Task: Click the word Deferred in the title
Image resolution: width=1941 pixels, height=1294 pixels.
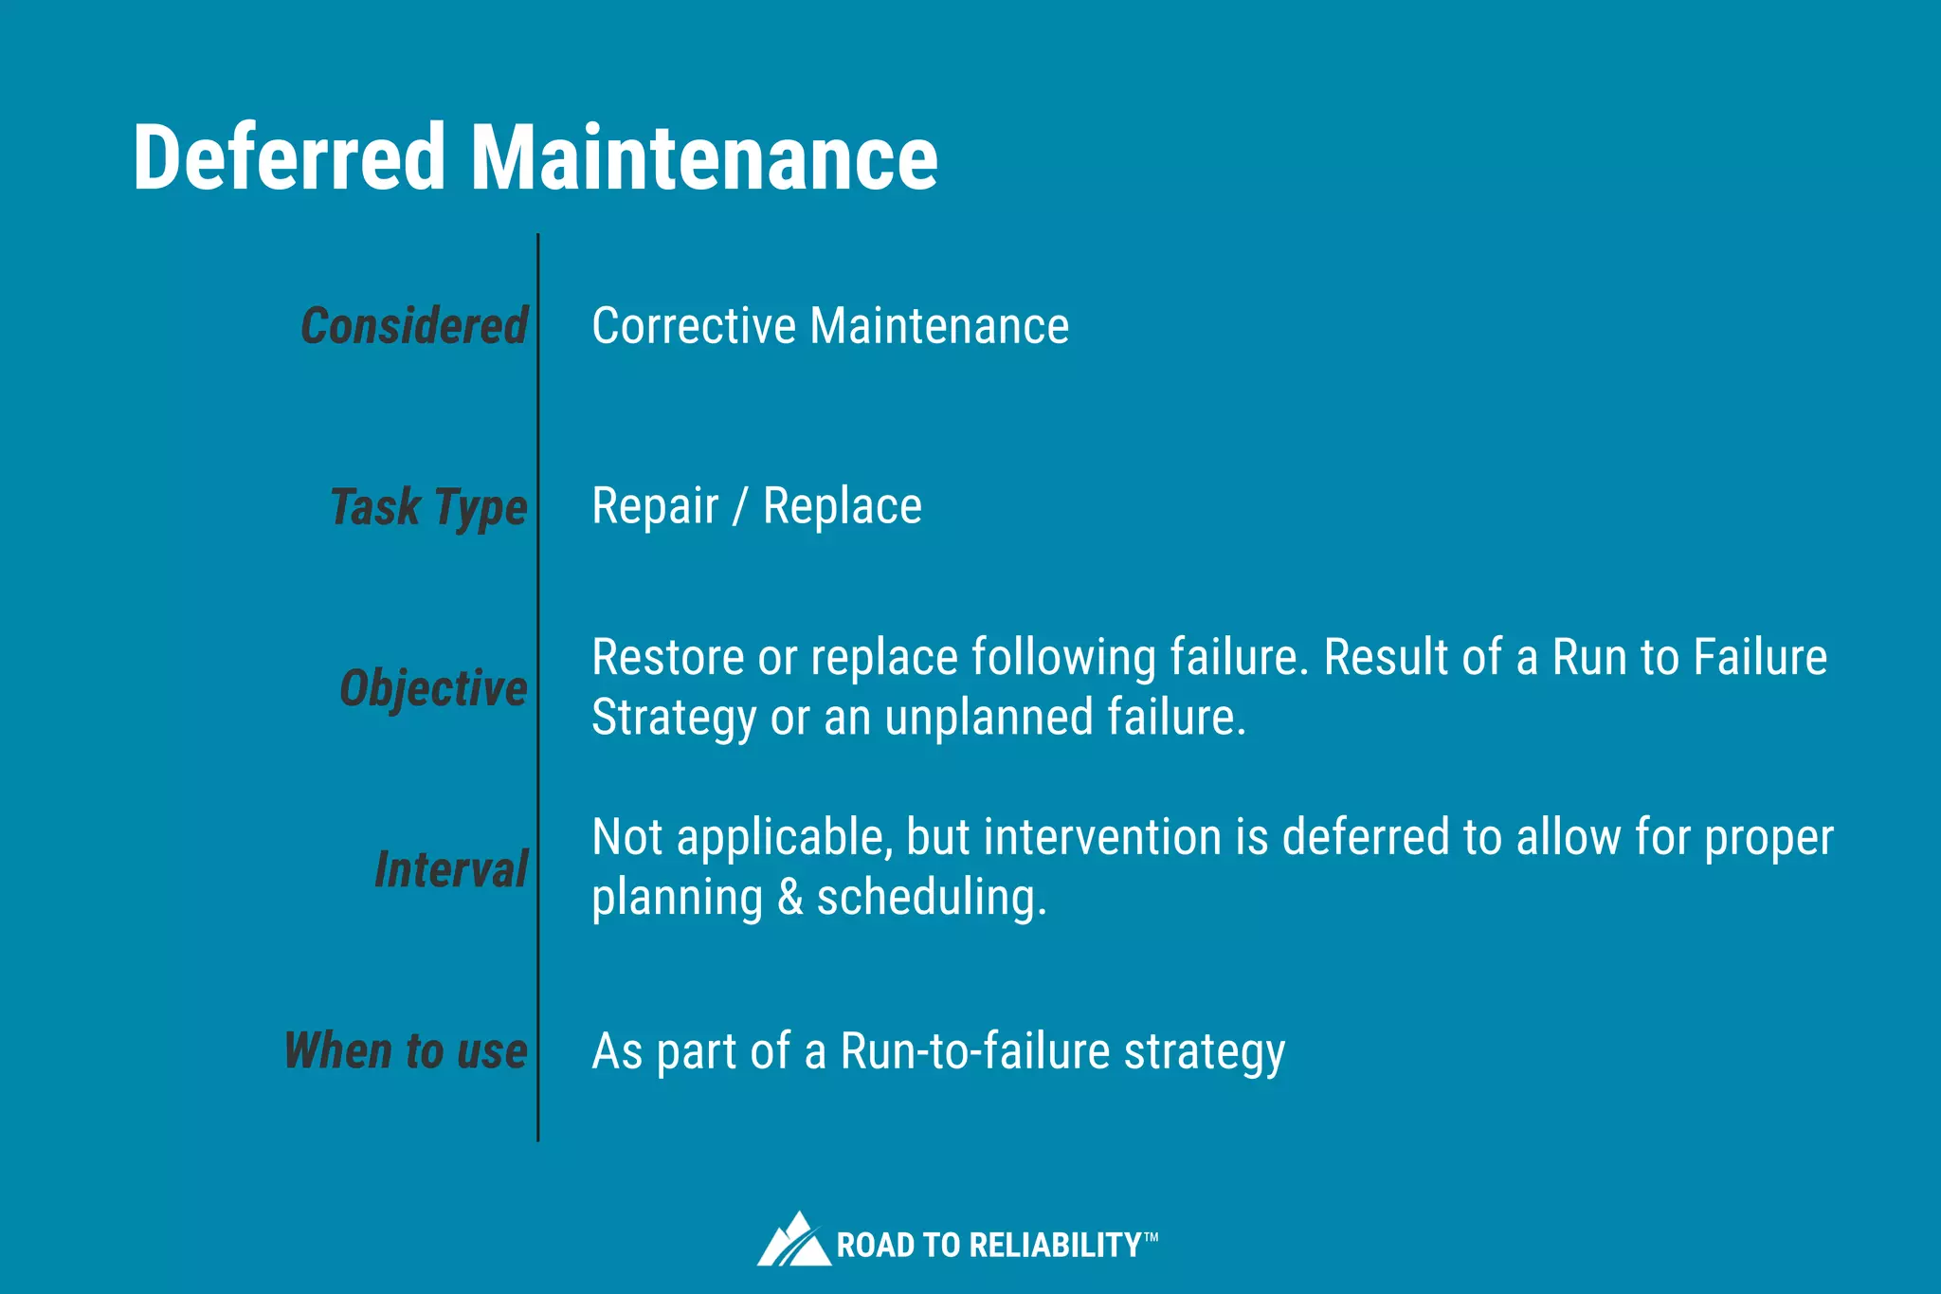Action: (289, 157)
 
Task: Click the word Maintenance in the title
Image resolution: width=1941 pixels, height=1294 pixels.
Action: (704, 157)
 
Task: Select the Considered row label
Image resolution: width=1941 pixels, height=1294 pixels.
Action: (414, 326)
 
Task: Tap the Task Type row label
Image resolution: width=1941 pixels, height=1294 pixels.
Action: (428, 507)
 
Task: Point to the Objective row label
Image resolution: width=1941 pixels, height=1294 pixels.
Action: (433, 688)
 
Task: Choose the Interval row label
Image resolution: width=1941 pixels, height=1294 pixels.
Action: (451, 869)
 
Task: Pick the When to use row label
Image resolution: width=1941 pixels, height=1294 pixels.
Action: (406, 1050)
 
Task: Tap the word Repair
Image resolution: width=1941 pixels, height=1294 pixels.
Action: (655, 506)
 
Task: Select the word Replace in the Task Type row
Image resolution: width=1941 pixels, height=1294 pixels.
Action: (842, 506)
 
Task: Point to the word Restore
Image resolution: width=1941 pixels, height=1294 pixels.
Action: (668, 658)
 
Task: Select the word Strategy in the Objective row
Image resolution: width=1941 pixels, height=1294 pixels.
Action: (674, 719)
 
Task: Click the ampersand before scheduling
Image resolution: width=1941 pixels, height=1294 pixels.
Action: (789, 898)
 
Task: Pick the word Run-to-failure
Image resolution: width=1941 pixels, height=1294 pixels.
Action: (975, 1051)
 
